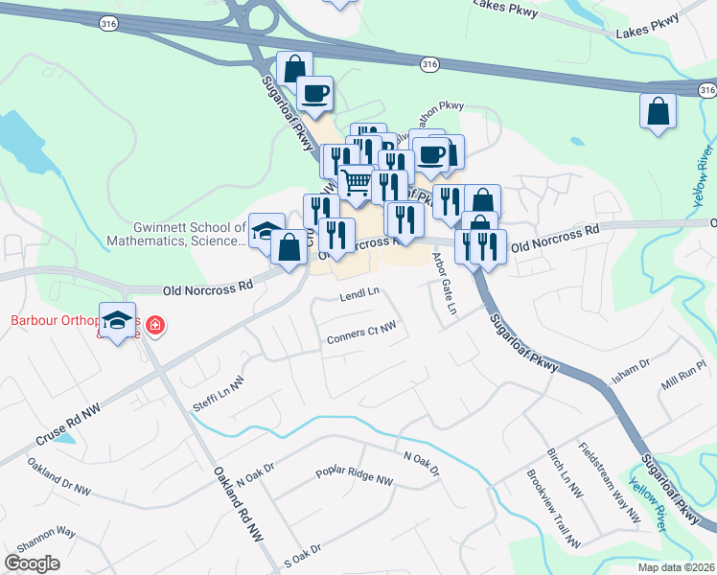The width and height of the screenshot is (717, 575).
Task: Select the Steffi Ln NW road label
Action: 220,392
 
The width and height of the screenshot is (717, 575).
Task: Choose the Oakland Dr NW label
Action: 58,478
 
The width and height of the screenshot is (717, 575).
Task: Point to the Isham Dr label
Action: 631,371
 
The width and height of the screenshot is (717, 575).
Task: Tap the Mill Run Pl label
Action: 682,373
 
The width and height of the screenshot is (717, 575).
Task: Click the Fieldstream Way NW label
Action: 609,482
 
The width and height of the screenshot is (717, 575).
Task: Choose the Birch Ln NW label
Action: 565,473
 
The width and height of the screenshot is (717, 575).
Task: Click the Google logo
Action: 33,563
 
